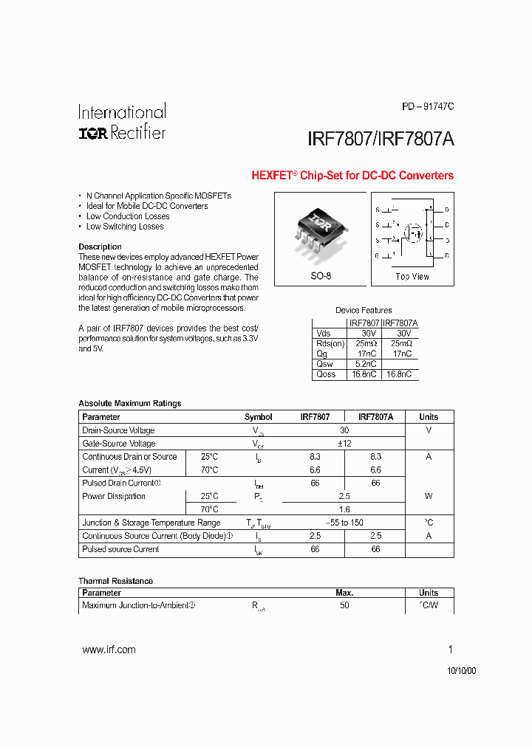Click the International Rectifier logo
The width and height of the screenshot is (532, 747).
pos(122,123)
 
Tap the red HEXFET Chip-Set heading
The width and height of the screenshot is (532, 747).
pos(352,176)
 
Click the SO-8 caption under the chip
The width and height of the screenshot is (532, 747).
pos(321,276)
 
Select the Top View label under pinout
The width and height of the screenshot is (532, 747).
pos(412,276)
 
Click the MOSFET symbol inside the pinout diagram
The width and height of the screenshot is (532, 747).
pos(413,233)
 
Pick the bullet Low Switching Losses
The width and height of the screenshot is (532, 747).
pos(124,227)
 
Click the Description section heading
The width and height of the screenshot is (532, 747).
pos(100,247)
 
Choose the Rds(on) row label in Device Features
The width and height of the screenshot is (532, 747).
pos(330,343)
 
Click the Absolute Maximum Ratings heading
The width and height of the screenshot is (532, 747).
pos(129,403)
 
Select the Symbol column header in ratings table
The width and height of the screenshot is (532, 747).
pos(258,417)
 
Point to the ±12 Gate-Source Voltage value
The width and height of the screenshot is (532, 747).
pos(344,444)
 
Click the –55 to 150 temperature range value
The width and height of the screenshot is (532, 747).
pos(344,523)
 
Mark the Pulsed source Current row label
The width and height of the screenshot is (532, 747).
pos(120,549)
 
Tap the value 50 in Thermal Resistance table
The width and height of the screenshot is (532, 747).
pos(344,605)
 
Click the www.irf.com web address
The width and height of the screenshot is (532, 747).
pos(109,650)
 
